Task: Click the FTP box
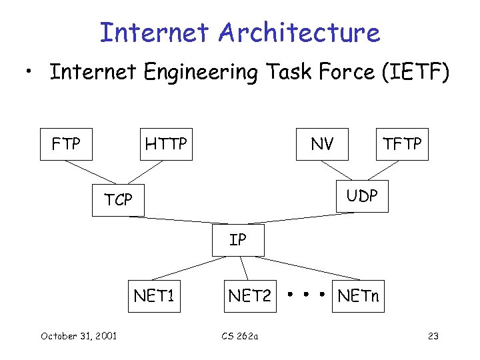(x=67, y=144)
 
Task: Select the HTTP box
(x=167, y=144)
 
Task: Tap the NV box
(x=323, y=144)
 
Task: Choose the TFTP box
(x=403, y=144)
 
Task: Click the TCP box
(x=118, y=199)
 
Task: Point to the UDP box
(x=361, y=195)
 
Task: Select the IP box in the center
(x=238, y=240)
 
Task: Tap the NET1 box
(x=154, y=295)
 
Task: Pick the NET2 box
(x=250, y=295)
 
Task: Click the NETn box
(x=358, y=295)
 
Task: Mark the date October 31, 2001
(x=79, y=335)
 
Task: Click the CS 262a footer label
(x=240, y=335)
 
